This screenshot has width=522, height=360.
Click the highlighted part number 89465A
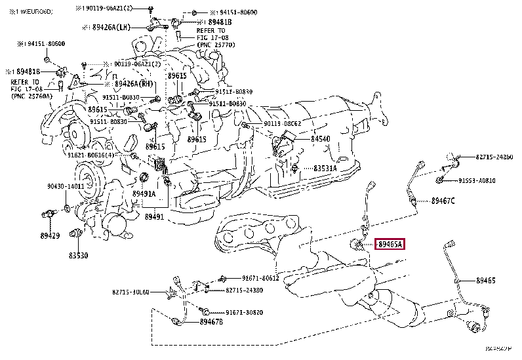coord(390,245)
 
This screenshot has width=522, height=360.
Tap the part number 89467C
coord(443,201)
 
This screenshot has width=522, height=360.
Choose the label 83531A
coord(325,169)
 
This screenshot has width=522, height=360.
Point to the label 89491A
coord(144,194)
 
